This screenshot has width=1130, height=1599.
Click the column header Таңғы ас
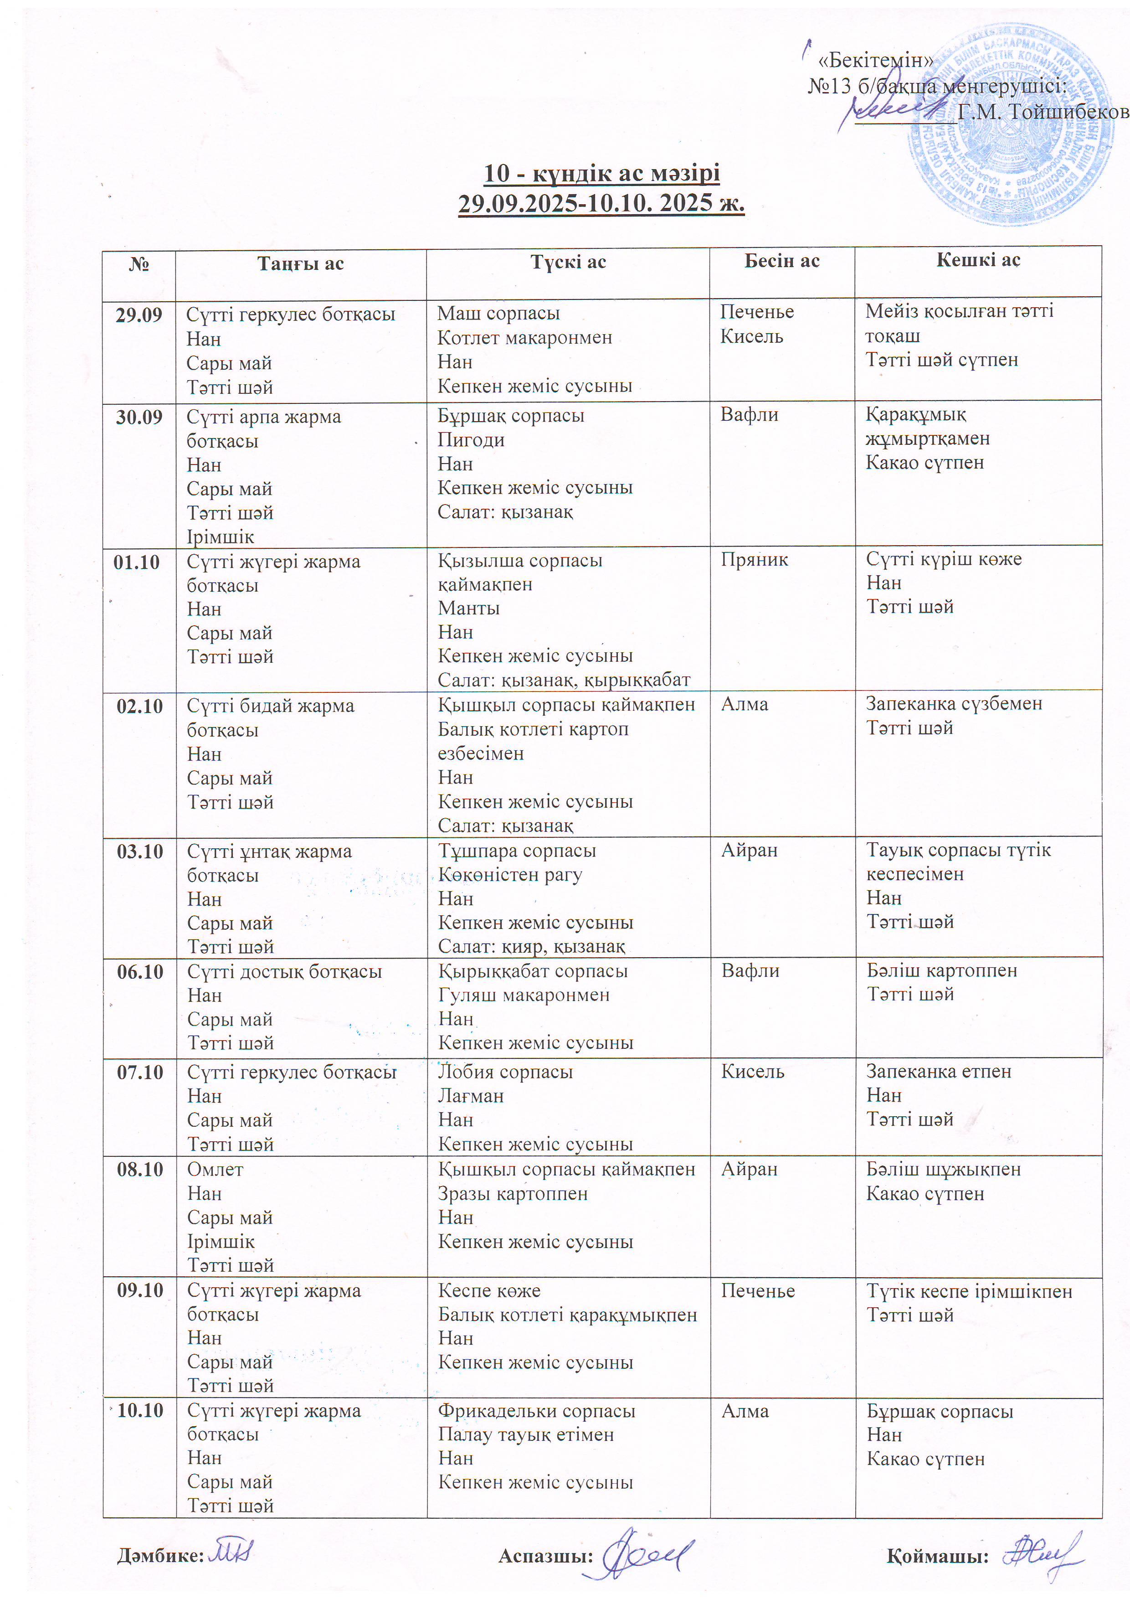click(x=300, y=263)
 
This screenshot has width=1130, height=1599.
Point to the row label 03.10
click(x=139, y=851)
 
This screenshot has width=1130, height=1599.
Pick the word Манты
click(x=468, y=608)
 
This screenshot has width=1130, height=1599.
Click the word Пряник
click(x=754, y=559)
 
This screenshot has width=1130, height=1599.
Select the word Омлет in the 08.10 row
click(x=215, y=1169)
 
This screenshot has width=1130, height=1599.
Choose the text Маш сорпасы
click(x=498, y=314)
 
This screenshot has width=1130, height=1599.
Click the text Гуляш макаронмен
click(x=524, y=995)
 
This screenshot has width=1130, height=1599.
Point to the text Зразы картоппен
click(x=513, y=1194)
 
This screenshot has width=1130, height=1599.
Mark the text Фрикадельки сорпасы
click(x=536, y=1411)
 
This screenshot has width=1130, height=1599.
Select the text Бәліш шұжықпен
click(x=943, y=1169)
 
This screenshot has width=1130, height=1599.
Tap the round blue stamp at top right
click(x=1010, y=125)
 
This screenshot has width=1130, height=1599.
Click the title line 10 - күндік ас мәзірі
click(x=601, y=173)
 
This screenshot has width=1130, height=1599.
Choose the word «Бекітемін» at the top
click(x=877, y=61)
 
